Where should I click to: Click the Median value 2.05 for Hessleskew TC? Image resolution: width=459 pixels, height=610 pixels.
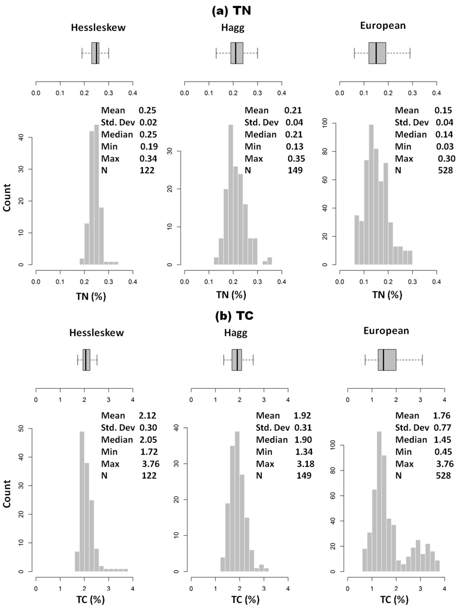(x=148, y=440)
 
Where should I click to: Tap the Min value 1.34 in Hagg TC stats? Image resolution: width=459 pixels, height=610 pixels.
(x=304, y=452)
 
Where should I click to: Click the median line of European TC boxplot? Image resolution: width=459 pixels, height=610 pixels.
(x=383, y=360)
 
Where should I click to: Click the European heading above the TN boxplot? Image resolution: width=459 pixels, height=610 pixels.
(x=383, y=26)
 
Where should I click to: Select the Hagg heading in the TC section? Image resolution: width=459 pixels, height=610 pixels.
(x=236, y=333)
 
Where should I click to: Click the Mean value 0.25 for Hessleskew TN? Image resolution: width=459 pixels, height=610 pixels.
(x=147, y=110)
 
